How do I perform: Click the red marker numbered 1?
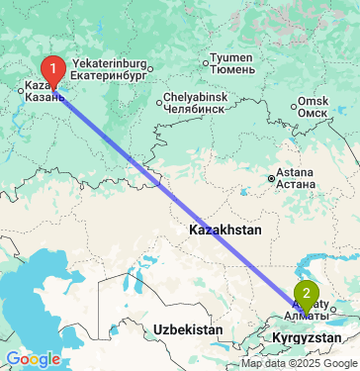52,70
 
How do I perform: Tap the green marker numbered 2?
309,294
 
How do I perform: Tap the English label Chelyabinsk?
196,97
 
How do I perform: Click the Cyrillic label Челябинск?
196,109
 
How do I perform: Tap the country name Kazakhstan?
225,230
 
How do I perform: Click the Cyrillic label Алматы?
302,316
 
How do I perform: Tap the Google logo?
33,358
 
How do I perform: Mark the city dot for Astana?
271,179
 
